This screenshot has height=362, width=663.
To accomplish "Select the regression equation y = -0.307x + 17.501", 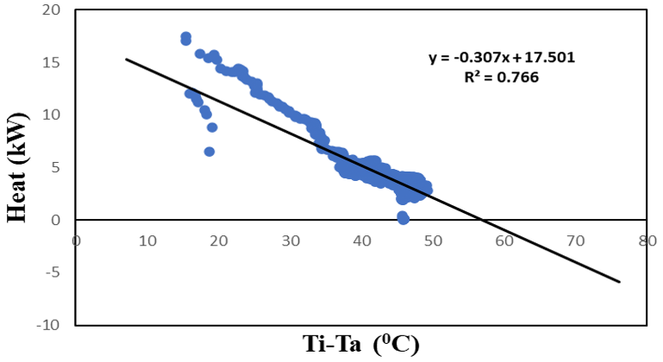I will pos(502,59).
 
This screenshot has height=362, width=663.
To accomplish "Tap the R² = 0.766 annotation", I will pos(502,77).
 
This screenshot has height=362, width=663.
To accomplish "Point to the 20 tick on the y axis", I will pos(55,10).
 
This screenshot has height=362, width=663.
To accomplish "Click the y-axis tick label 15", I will pos(55,63).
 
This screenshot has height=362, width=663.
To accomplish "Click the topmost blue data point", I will pos(186,37).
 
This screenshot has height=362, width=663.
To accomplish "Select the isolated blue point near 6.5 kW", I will pos(210,152).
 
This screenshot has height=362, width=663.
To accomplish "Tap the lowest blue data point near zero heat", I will pos(403,219).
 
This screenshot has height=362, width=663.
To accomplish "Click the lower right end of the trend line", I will pos(619,282).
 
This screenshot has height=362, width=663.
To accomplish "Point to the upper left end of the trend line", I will pos(127,59).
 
